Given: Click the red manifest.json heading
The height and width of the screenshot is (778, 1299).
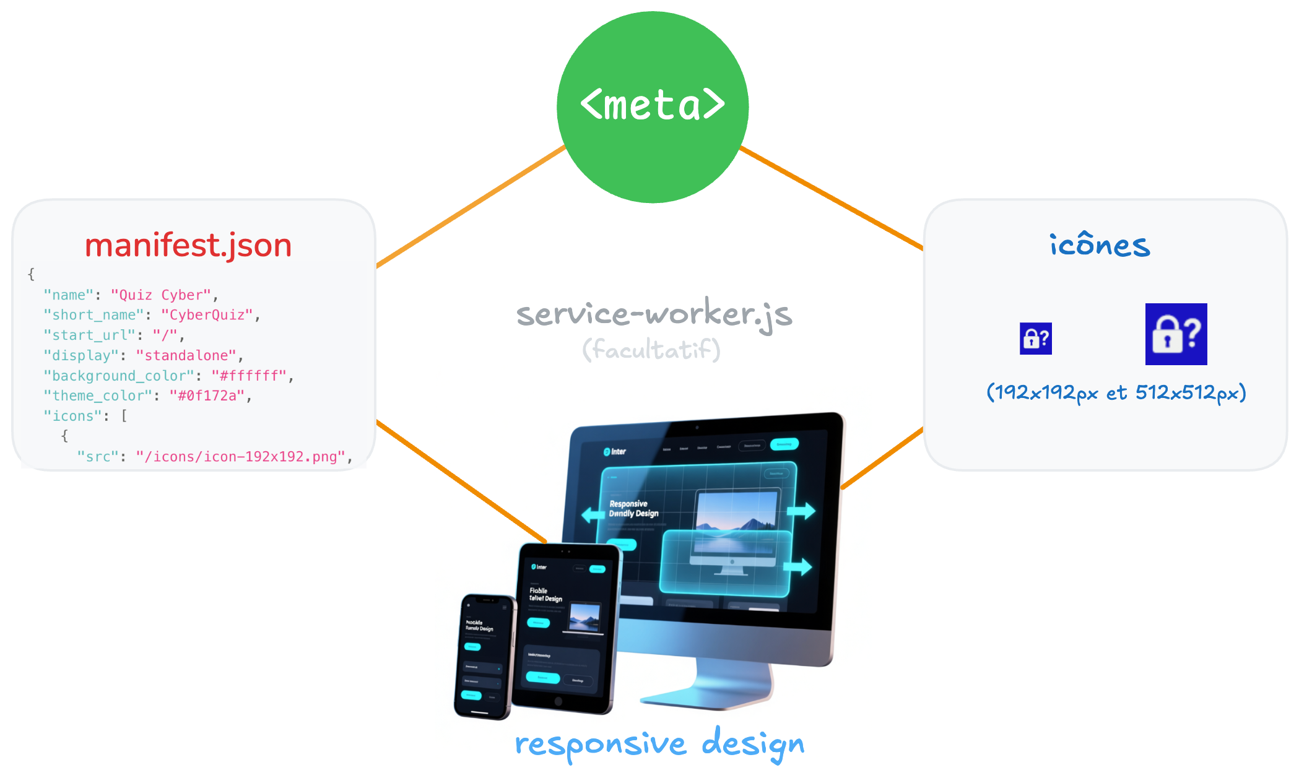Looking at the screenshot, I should tap(188, 245).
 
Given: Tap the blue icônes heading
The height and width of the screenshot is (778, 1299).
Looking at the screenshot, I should tap(1100, 245).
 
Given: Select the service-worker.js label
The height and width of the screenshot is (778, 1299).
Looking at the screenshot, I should tap(654, 313).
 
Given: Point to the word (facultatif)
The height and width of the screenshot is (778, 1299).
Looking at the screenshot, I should tap(651, 350).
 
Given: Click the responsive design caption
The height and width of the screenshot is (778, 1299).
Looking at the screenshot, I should tap(659, 744).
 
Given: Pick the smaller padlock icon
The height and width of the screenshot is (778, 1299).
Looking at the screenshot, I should tap(1035, 339).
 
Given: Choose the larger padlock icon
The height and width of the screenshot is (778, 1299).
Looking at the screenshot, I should tap(1176, 334).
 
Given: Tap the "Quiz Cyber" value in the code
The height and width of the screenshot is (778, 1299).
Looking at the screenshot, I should tap(161, 295).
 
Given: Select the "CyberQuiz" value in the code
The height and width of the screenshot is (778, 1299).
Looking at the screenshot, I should tap(207, 315).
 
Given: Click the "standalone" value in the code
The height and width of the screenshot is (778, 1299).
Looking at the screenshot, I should tap(186, 356).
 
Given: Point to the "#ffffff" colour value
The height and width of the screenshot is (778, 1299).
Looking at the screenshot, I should tap(249, 376).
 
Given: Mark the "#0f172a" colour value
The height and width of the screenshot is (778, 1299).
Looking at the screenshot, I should tap(207, 396).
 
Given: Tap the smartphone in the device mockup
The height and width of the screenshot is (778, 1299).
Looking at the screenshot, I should tap(483, 656).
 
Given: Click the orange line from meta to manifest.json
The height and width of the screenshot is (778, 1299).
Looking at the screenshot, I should tap(471, 207).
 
